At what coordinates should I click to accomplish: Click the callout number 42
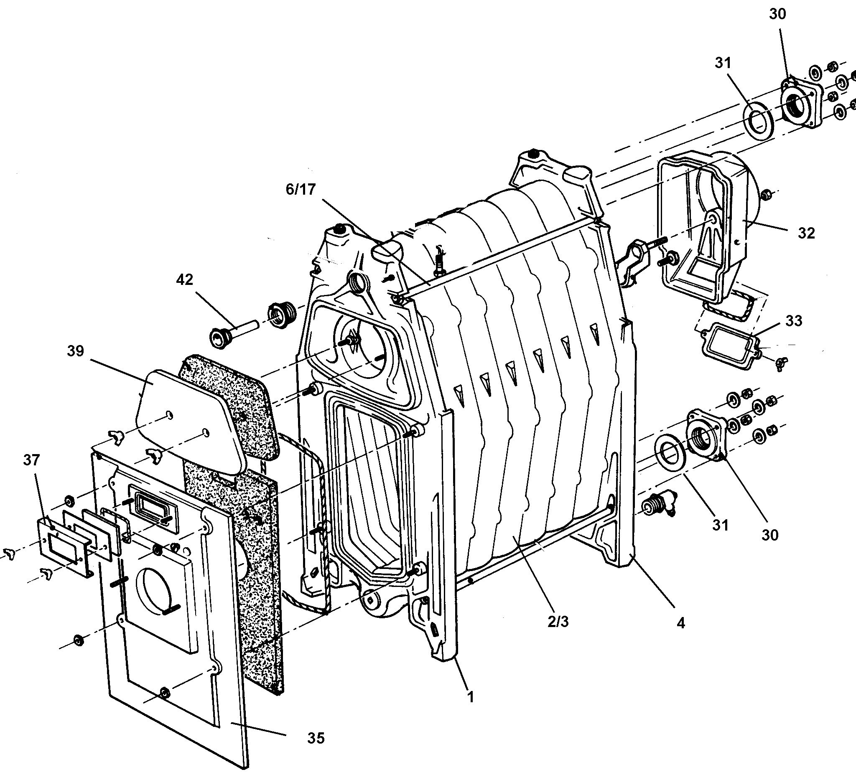click(184, 279)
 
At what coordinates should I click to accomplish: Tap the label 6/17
click(301, 189)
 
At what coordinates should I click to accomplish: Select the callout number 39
click(75, 351)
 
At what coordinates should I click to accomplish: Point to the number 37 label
click(31, 460)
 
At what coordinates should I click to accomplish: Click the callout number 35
click(316, 739)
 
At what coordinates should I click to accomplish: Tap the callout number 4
click(680, 623)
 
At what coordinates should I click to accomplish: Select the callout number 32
click(806, 233)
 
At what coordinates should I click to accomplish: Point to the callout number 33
click(794, 321)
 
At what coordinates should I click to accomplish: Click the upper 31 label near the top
click(723, 63)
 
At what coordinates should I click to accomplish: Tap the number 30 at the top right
click(777, 14)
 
